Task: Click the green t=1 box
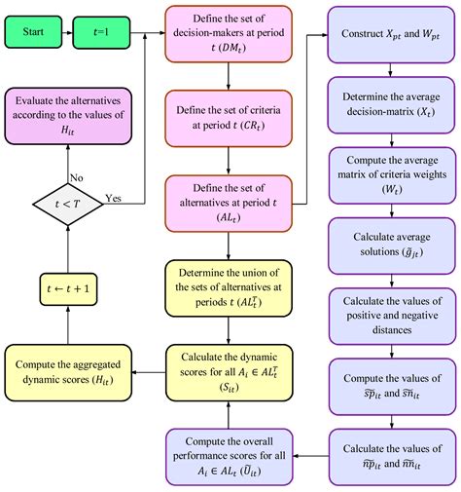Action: (x=100, y=31)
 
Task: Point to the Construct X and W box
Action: (x=389, y=33)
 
